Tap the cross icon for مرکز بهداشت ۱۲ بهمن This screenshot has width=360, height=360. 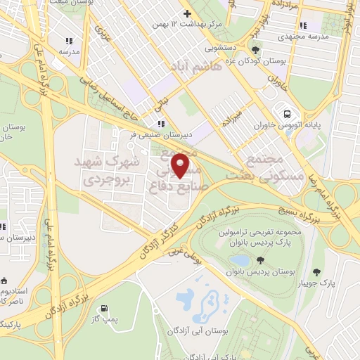(186, 13)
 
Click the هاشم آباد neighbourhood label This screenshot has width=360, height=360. (191, 66)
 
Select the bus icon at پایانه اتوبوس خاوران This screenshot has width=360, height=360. (287, 114)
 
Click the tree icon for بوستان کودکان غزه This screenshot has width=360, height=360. (255, 50)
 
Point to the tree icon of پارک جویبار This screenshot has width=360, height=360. (316, 272)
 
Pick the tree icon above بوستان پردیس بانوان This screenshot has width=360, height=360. (261, 260)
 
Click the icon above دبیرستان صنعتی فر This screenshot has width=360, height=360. (162, 124)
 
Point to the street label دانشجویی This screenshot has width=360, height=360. (221, 49)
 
